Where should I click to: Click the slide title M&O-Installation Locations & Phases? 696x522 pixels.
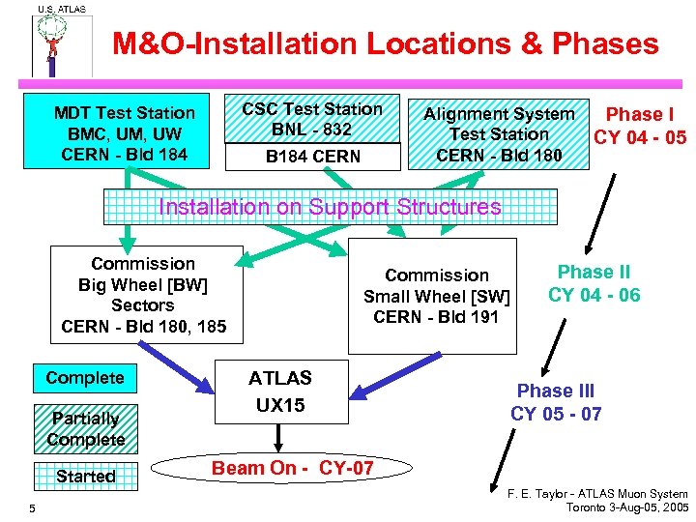(x=385, y=43)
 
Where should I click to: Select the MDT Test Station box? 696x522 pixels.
(x=125, y=133)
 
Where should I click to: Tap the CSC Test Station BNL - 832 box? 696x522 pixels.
(x=312, y=119)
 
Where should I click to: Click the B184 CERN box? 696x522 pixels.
(x=312, y=157)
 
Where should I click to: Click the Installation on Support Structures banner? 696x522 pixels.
(x=330, y=207)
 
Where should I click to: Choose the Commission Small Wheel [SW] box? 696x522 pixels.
(x=436, y=296)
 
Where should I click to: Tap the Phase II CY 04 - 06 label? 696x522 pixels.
(x=594, y=283)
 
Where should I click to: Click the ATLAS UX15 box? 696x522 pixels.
(x=280, y=391)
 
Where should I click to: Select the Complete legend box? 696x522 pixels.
(x=85, y=378)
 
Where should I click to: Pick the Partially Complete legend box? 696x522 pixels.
(x=86, y=428)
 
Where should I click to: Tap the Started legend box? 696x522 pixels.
(x=85, y=476)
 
